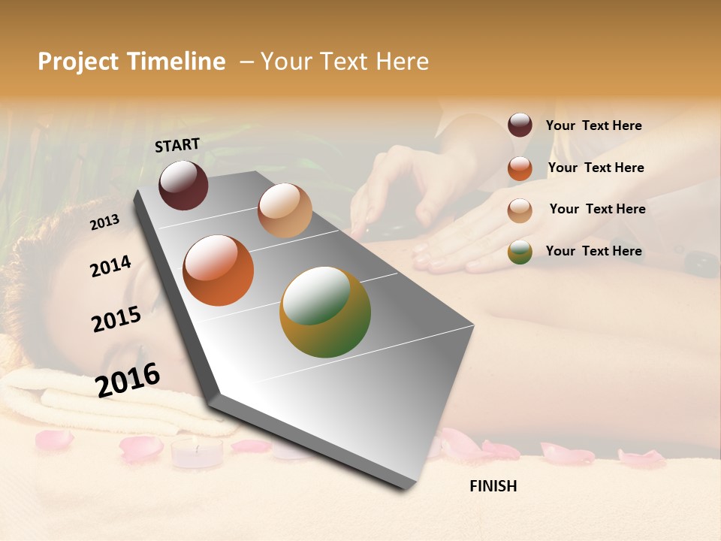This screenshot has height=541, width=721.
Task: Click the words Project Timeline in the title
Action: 131,62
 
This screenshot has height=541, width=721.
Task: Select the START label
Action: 177,145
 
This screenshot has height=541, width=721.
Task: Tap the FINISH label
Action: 493,486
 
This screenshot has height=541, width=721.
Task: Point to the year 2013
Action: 104,222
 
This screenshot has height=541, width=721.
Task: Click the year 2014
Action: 110,267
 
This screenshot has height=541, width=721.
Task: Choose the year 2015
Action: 116,319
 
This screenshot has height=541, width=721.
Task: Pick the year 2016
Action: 127,380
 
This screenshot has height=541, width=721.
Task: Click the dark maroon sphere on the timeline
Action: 183,185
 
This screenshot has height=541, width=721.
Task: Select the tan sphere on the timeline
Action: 285,210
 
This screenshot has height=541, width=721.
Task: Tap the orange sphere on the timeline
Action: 219,270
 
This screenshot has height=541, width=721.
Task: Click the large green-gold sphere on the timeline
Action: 325,312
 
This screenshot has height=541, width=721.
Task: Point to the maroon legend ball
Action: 520,125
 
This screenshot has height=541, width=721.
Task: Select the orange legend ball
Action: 520,168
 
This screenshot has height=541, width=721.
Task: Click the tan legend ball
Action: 520,210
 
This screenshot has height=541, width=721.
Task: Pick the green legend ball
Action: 520,252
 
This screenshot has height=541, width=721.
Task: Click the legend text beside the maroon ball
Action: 593,125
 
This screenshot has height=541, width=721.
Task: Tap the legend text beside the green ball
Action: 593,251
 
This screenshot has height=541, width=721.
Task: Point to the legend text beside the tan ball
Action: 597,209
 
